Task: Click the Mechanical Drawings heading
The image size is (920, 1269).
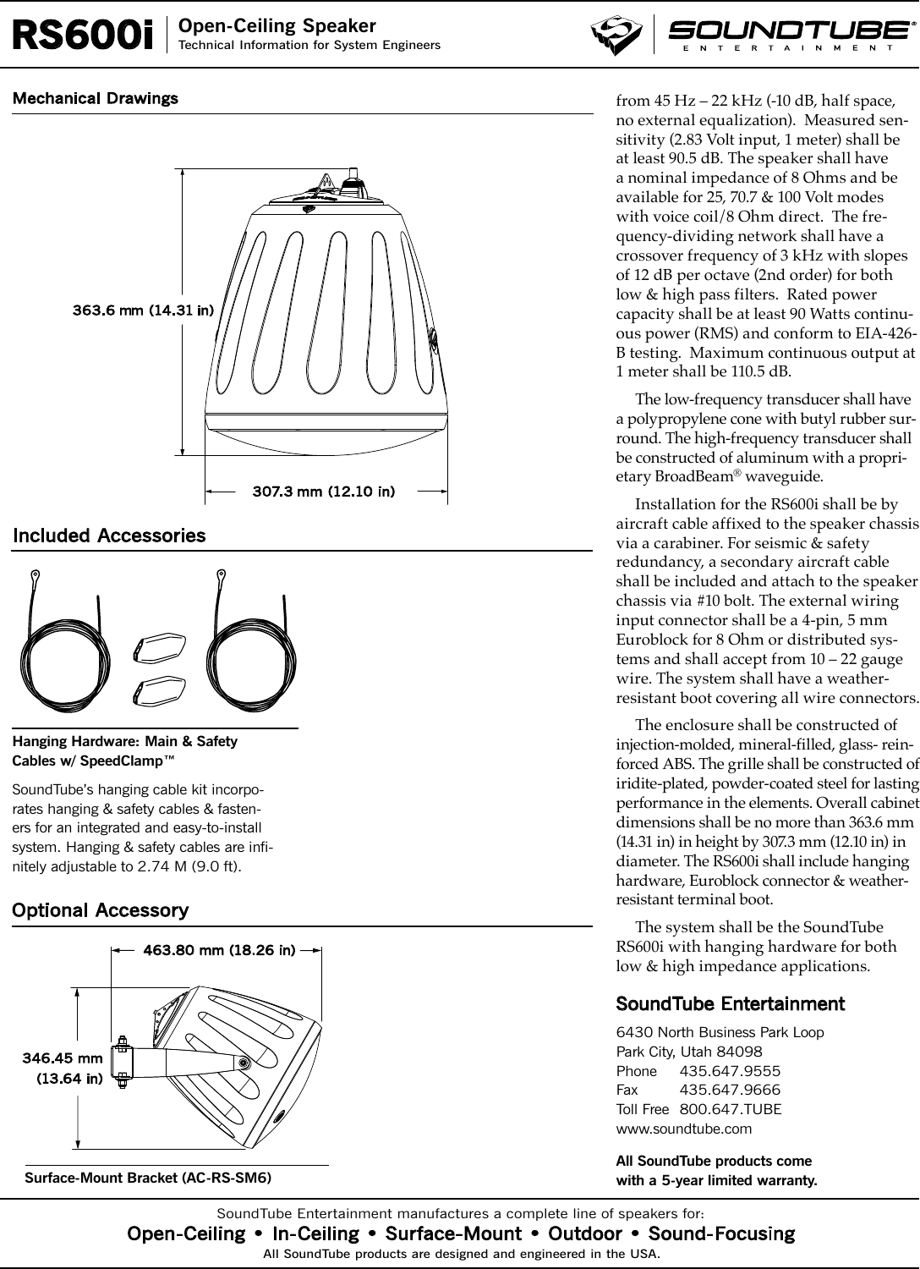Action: click(x=95, y=98)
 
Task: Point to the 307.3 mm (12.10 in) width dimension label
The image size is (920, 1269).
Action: click(x=325, y=492)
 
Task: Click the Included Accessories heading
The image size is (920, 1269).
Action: click(x=109, y=536)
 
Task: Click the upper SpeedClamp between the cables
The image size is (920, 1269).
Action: click(x=160, y=646)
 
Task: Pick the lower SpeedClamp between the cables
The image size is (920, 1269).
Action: click(x=160, y=689)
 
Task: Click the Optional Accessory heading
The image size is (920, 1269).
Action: click(x=100, y=910)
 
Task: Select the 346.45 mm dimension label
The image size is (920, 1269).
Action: click(x=62, y=1057)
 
